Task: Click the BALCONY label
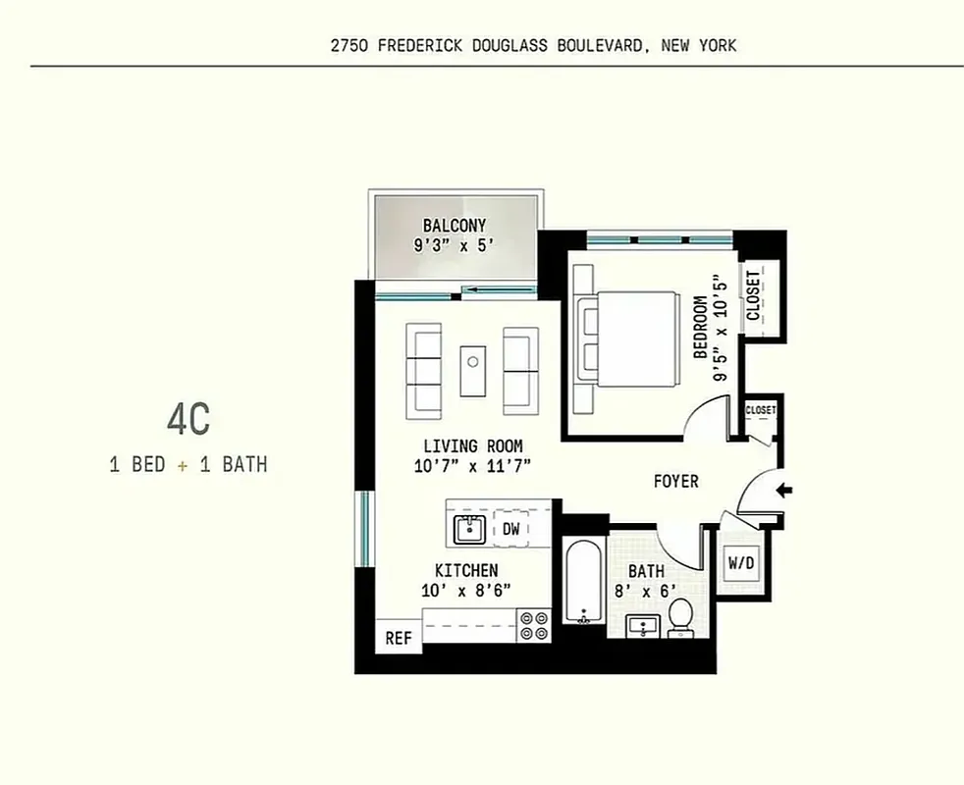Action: pyautogui.click(x=455, y=226)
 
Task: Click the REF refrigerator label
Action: pyautogui.click(x=398, y=638)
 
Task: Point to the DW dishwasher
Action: pyautogui.click(x=511, y=529)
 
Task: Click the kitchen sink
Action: pyautogui.click(x=470, y=530)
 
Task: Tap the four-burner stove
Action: pyautogui.click(x=535, y=625)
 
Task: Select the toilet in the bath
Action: pyautogui.click(x=680, y=617)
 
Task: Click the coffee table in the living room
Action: pyautogui.click(x=473, y=370)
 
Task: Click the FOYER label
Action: pyautogui.click(x=676, y=482)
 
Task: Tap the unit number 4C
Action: pyautogui.click(x=187, y=420)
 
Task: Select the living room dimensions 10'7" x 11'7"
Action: pyautogui.click(x=472, y=466)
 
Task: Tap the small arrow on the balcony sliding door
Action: pyautogui.click(x=481, y=289)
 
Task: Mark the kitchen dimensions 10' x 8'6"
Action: pyautogui.click(x=466, y=590)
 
